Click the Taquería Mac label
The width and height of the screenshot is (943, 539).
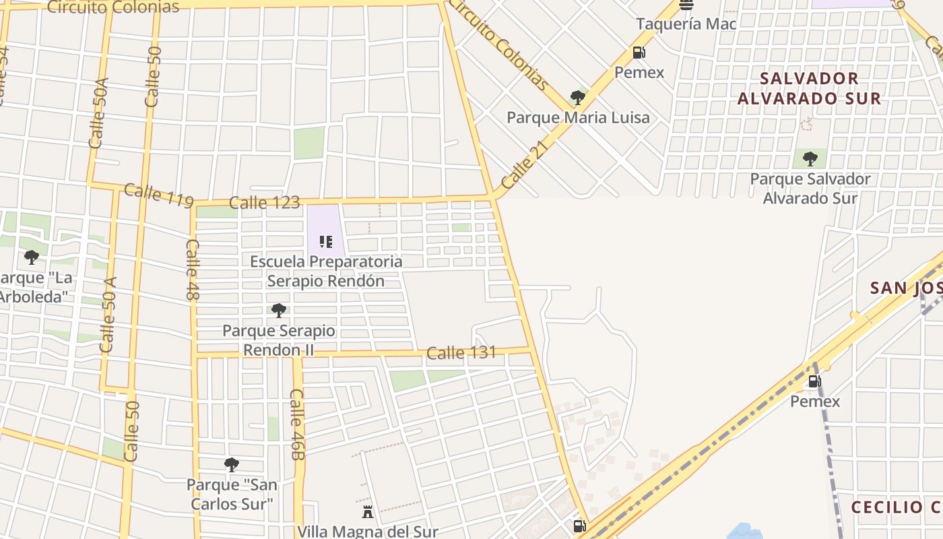tap(686, 24)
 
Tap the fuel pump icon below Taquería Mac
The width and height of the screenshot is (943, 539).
tap(639, 52)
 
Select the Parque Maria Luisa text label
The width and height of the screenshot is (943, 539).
tap(578, 118)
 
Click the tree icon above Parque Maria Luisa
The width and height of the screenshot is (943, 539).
tap(577, 98)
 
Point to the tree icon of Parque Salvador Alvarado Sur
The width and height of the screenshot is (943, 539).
tap(810, 159)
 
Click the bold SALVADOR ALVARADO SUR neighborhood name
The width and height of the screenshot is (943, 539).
tap(809, 88)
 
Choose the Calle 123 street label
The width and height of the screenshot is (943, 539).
tap(264, 202)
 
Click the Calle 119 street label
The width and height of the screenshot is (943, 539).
tap(159, 195)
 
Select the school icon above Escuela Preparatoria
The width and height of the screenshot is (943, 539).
tap(326, 241)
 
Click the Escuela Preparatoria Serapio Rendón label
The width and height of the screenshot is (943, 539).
tap(326, 271)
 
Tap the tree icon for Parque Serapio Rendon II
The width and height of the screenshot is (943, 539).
tap(278, 310)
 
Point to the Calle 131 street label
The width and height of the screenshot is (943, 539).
tap(461, 352)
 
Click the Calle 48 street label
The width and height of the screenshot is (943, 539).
tap(193, 269)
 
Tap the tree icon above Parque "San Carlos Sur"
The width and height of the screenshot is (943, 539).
tap(231, 464)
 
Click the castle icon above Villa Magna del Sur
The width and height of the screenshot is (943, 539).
tap(368, 512)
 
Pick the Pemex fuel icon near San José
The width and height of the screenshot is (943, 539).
tap(814, 382)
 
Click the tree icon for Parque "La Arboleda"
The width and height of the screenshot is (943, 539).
tap(31, 257)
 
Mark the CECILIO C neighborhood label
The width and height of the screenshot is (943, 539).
tap(896, 507)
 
